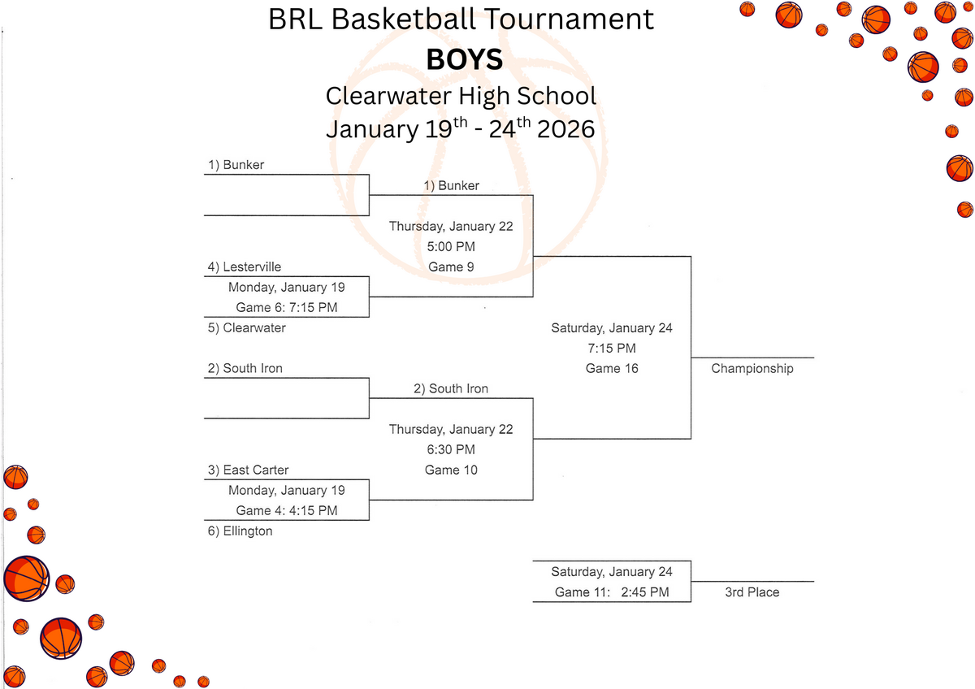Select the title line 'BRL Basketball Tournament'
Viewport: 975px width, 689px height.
point(461,19)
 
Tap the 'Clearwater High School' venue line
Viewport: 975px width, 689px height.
point(461,95)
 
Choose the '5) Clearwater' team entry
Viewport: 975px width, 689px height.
point(246,328)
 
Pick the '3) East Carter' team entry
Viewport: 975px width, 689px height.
point(248,470)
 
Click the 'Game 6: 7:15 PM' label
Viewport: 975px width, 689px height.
point(287,308)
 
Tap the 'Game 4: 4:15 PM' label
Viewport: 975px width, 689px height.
point(287,511)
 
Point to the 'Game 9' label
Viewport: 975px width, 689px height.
point(451,267)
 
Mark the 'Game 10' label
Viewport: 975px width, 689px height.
point(451,470)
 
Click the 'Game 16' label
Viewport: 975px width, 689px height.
point(612,369)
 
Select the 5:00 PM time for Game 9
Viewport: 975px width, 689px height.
point(451,247)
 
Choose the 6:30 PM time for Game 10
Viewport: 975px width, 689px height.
point(451,450)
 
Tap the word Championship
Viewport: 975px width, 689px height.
point(752,369)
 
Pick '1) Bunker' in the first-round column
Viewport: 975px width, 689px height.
point(236,165)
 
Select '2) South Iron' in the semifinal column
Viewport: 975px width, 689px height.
point(451,389)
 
